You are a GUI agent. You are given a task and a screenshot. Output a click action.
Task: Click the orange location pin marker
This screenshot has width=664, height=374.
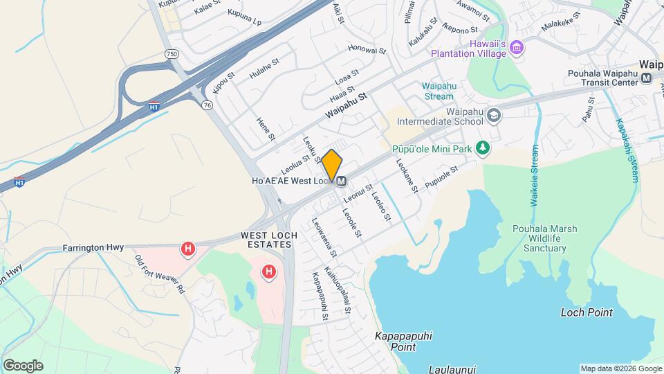(x=332, y=166)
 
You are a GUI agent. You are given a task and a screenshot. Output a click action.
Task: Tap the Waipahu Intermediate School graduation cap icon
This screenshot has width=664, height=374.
(x=493, y=114)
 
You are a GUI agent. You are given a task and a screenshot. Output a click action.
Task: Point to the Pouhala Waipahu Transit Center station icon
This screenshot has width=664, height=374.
(x=646, y=79)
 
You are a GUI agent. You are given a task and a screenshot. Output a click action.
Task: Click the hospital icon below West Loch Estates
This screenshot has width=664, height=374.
(x=268, y=272)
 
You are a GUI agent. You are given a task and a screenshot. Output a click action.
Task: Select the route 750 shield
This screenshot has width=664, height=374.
(x=172, y=53)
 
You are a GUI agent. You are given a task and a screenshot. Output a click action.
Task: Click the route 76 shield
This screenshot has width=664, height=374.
(x=207, y=105)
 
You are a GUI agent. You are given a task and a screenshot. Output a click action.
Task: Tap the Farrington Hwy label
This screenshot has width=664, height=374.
(x=93, y=247)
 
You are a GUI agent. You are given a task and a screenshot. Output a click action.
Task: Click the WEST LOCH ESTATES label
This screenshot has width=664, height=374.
(x=269, y=240)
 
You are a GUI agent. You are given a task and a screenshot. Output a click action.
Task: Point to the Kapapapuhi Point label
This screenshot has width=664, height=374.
(x=403, y=341)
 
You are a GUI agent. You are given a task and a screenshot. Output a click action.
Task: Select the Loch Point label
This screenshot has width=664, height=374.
(x=586, y=312)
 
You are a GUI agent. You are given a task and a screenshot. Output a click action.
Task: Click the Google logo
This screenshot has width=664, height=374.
(x=23, y=365)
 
